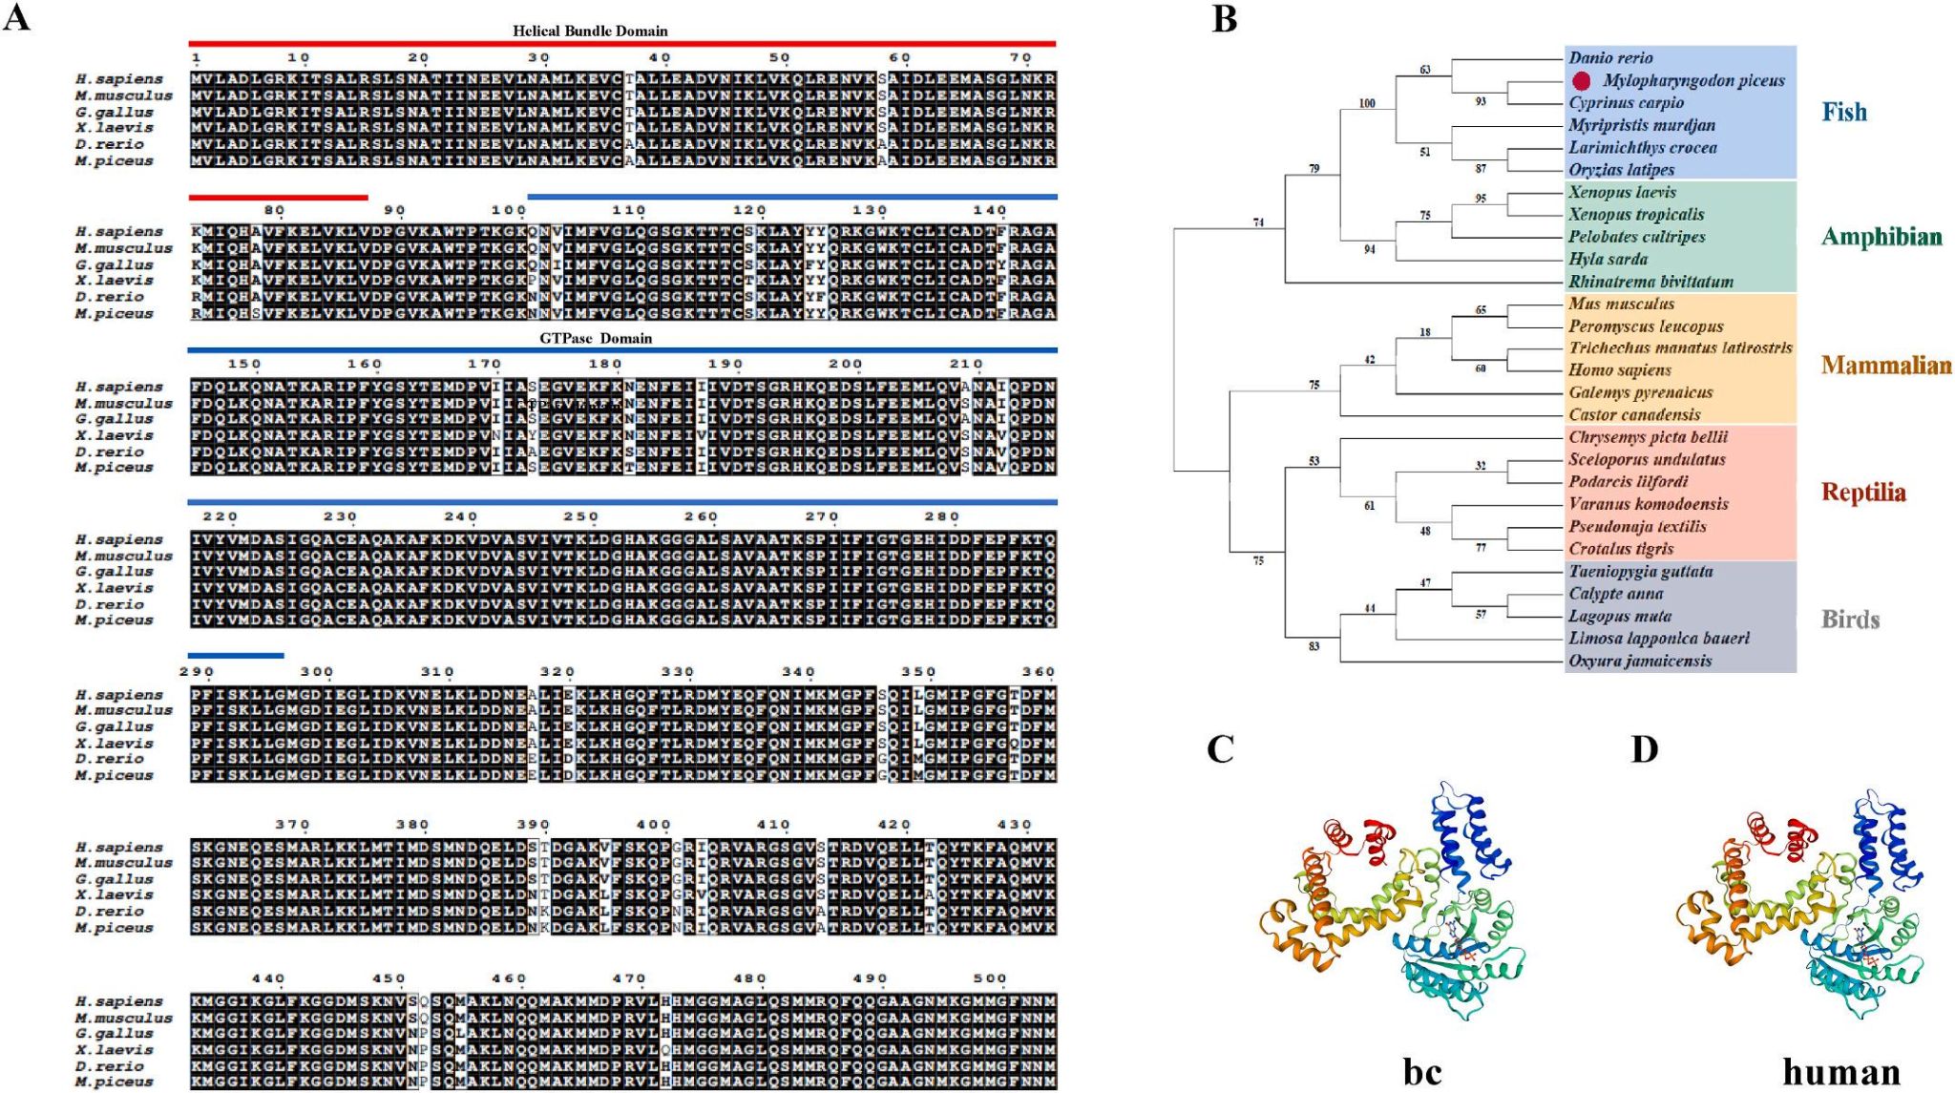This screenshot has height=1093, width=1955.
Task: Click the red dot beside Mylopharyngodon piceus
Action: click(x=1582, y=81)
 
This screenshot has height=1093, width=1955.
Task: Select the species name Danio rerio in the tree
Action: click(x=1610, y=58)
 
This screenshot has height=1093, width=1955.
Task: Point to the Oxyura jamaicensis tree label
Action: click(x=1640, y=661)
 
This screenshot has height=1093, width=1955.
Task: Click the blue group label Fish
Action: click(x=1844, y=112)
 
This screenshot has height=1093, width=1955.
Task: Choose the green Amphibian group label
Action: click(x=1881, y=237)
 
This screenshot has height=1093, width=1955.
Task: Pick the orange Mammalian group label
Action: click(x=1885, y=365)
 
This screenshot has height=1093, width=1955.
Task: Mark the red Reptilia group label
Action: click(x=1862, y=493)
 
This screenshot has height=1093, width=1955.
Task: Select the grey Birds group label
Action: click(x=1850, y=620)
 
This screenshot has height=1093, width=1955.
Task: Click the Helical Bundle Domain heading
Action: click(x=590, y=31)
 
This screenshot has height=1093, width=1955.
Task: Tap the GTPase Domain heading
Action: click(x=596, y=338)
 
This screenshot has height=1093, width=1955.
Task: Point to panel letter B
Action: click(x=1224, y=19)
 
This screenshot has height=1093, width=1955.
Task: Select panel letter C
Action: click(x=1220, y=749)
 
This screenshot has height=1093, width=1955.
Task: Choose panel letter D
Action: click(x=1644, y=749)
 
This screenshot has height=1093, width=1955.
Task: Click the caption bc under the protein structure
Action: click(x=1421, y=1071)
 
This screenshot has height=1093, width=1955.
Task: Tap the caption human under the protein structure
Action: click(x=1840, y=1071)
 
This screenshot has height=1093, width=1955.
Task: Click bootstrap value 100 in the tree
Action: click(x=1367, y=103)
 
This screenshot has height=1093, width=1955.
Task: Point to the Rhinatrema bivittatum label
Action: click(x=1650, y=282)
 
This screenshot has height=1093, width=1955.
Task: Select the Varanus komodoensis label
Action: click(x=1649, y=504)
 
